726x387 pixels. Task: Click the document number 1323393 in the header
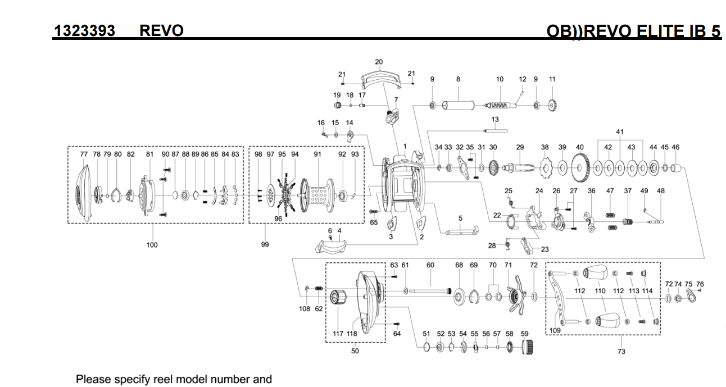pyautogui.click(x=84, y=30)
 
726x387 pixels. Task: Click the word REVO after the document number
pyautogui.click(x=161, y=30)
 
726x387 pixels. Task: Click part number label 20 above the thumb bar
pyautogui.click(x=379, y=62)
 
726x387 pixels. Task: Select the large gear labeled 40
pyautogui.click(x=580, y=167)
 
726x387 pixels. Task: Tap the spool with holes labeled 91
pyautogui.click(x=317, y=194)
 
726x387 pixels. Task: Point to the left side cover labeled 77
pyautogui.click(x=81, y=192)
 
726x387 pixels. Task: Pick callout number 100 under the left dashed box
pyautogui.click(x=152, y=245)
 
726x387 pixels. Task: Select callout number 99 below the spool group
pyautogui.click(x=265, y=245)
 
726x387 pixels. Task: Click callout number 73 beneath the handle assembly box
pyautogui.click(x=621, y=352)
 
